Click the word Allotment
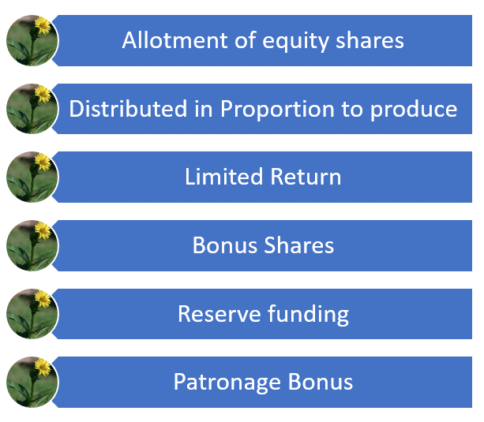pyautogui.click(x=175, y=40)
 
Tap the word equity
pyautogui.click(x=295, y=42)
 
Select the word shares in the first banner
pyautogui.click(x=370, y=40)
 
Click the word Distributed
pyautogui.click(x=128, y=109)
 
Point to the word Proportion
pyautogui.click(x=277, y=109)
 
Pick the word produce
pyautogui.click(x=414, y=110)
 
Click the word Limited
pyautogui.click(x=223, y=177)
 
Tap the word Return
pyautogui.click(x=306, y=177)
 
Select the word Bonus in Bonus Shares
pyautogui.click(x=225, y=245)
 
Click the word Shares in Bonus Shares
pyautogui.click(x=299, y=245)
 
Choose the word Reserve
pyautogui.click(x=219, y=314)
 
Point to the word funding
pyautogui.click(x=309, y=316)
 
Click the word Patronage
pyautogui.click(x=227, y=383)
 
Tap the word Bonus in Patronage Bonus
pyautogui.click(x=321, y=382)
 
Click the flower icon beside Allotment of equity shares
pyautogui.click(x=32, y=40)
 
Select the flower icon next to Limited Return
pyautogui.click(x=32, y=177)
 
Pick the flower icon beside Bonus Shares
pyautogui.click(x=32, y=245)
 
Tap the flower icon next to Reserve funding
pyautogui.click(x=32, y=314)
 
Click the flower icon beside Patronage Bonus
pyautogui.click(x=32, y=383)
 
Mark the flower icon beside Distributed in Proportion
pyautogui.click(x=32, y=109)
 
